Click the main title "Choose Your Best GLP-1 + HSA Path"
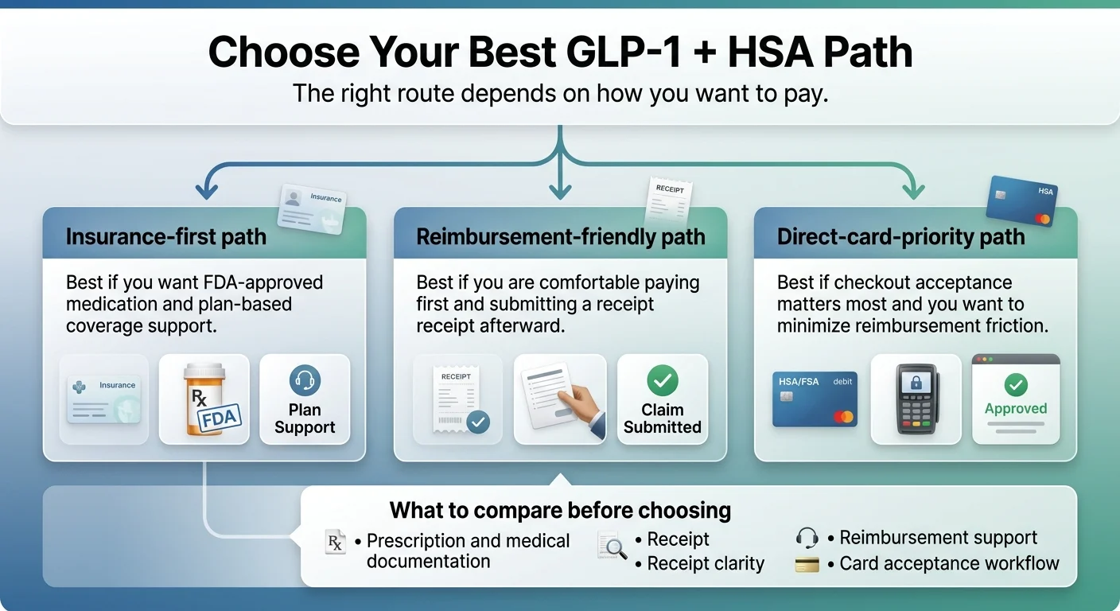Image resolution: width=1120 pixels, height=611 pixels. tap(560, 53)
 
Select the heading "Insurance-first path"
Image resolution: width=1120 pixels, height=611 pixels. tap(166, 237)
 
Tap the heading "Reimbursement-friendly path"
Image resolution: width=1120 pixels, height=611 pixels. tap(561, 237)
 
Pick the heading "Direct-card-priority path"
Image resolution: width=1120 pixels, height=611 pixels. tap(900, 237)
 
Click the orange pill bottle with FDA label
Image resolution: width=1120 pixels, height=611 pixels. tap(205, 399)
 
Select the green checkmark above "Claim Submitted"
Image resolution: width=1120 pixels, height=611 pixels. tap(662, 380)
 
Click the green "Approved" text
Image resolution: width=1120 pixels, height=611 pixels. tap(1016, 409)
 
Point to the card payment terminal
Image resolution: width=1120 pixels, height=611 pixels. tap(916, 399)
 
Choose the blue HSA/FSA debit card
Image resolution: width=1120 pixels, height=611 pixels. tap(815, 399)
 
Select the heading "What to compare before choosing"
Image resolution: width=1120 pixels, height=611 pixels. tap(560, 510)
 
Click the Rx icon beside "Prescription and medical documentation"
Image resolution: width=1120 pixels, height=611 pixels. tap(336, 543)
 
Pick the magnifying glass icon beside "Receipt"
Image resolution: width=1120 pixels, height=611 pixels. tap(612, 546)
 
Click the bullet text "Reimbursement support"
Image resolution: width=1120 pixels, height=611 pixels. tap(938, 538)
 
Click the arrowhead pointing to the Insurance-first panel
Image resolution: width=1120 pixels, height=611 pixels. tap(207, 193)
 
